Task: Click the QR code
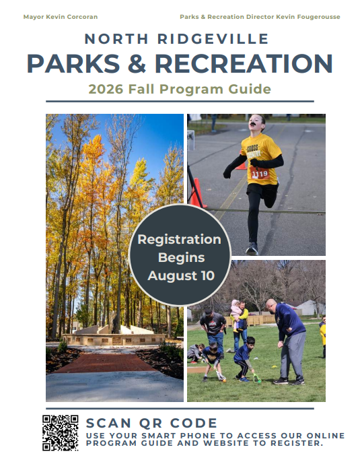pos(61,433)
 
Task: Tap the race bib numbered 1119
pos(259,173)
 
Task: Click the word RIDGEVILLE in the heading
pos(213,39)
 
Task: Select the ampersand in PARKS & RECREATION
pos(137,63)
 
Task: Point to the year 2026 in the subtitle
pos(106,89)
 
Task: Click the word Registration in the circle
pos(180,240)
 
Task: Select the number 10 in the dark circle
pos(207,275)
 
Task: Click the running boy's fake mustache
pos(254,123)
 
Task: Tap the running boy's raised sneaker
pos(252,248)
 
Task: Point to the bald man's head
pos(271,306)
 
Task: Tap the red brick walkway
pos(106,363)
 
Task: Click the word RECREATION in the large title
pos(244,63)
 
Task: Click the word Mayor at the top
pos(31,18)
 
